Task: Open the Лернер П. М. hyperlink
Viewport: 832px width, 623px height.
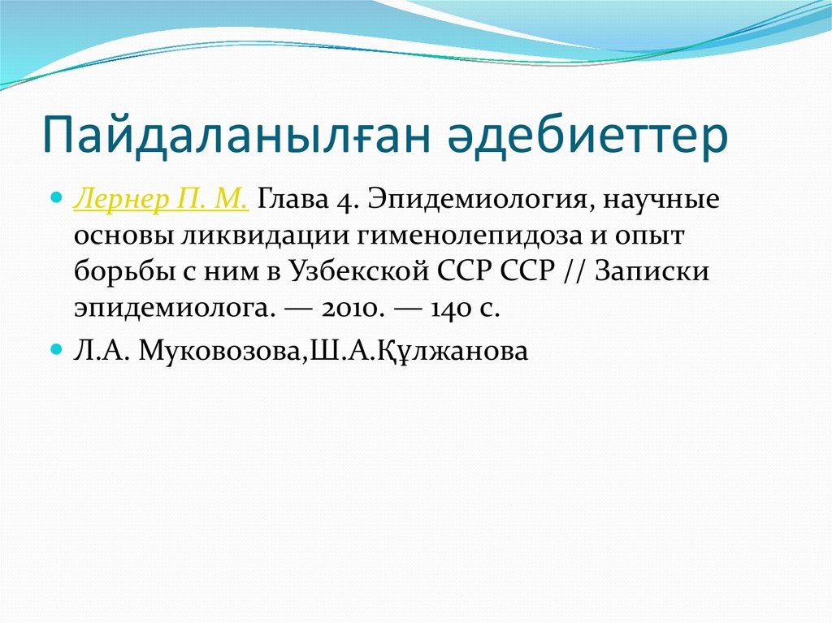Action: (162, 200)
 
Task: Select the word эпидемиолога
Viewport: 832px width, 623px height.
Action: (166, 309)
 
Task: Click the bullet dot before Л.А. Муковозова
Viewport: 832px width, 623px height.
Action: (56, 349)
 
